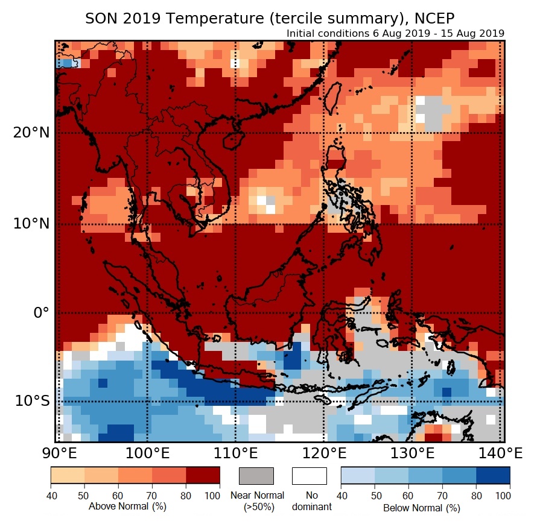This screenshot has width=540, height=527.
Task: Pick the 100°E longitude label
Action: point(147,453)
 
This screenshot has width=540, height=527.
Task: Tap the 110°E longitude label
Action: point(235,453)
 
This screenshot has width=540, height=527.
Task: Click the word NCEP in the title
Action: point(433,18)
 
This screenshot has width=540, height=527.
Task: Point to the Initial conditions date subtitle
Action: point(395,33)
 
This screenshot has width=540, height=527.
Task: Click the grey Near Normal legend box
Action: point(256,476)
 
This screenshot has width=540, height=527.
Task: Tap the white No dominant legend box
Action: point(310,476)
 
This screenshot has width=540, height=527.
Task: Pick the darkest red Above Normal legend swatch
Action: point(203,476)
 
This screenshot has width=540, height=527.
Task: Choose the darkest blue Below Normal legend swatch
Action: point(493,476)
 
